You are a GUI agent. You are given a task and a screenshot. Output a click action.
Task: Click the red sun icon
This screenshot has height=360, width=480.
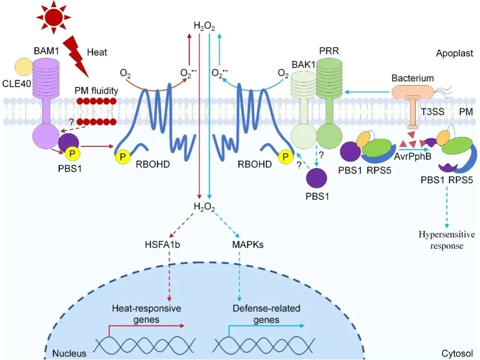[x=54, y=17]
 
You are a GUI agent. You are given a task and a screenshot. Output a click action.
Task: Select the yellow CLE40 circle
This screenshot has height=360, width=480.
[x=24, y=67]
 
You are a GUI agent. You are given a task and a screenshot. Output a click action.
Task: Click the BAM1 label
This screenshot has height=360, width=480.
[x=46, y=51]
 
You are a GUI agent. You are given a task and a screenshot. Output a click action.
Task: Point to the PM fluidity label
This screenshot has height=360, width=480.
[x=96, y=91]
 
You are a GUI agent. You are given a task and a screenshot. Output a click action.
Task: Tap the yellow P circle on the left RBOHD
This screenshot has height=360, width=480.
[x=123, y=156]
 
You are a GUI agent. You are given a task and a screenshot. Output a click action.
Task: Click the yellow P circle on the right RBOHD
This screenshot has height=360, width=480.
[x=285, y=156]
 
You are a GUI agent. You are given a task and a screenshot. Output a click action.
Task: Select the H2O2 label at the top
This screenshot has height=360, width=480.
[x=204, y=26]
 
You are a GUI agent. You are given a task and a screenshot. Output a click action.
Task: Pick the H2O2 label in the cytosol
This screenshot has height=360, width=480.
[x=204, y=207]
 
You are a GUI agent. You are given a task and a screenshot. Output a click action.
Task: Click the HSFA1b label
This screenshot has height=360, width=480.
[x=163, y=244]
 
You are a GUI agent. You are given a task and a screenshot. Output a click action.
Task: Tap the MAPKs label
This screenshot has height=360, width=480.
[x=248, y=244]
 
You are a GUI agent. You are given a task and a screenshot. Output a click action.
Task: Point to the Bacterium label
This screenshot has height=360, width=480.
[x=412, y=78]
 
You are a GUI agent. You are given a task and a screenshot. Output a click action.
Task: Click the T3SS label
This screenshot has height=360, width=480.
[x=432, y=112]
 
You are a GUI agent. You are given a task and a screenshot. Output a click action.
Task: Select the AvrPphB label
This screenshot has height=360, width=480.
[x=412, y=156]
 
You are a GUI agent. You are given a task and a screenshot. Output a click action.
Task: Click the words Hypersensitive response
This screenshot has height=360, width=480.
[x=447, y=240]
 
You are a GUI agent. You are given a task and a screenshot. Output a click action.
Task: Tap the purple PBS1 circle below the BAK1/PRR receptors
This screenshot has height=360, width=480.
[x=316, y=178]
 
